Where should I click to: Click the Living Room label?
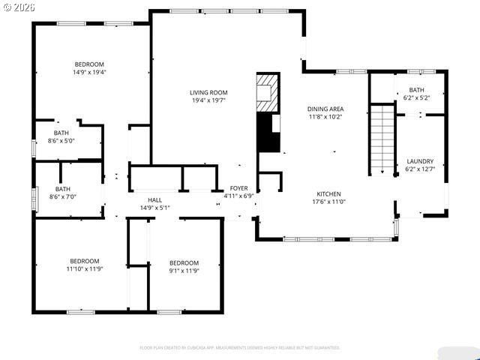(208, 92)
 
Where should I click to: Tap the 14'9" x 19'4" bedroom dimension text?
(89, 73)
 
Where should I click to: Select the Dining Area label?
(325, 109)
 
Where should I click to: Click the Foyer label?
(238, 188)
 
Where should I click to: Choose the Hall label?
(154, 199)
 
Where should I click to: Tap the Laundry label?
(420, 161)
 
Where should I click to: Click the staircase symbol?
(383, 139)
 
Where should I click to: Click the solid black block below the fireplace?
(266, 132)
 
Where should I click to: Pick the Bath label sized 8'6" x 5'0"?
(61, 132)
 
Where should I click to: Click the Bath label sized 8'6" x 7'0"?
(62, 189)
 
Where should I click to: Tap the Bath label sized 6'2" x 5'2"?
(415, 90)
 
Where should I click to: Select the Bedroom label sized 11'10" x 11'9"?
(84, 260)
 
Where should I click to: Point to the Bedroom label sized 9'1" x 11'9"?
(184, 262)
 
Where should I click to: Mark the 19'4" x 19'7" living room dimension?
(208, 100)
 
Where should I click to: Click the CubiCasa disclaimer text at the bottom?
(240, 347)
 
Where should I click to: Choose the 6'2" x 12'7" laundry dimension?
(420, 169)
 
